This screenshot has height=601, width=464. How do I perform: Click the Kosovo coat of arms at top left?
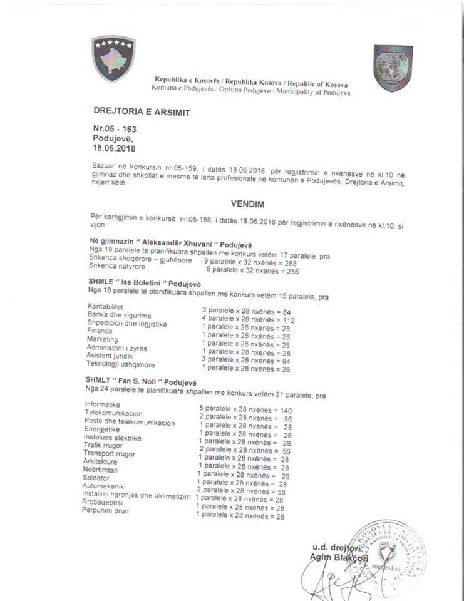(x=113, y=58)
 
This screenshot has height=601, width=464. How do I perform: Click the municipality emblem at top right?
(x=393, y=68)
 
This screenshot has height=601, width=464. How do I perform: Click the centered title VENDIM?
(x=242, y=204)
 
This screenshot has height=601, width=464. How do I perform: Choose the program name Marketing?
(x=102, y=339)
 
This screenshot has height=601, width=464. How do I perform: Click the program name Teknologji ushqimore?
(x=120, y=364)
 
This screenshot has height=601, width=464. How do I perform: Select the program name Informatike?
(x=102, y=405)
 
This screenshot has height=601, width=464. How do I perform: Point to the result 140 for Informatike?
(x=286, y=410)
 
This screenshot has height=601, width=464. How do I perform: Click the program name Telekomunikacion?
(x=113, y=414)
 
